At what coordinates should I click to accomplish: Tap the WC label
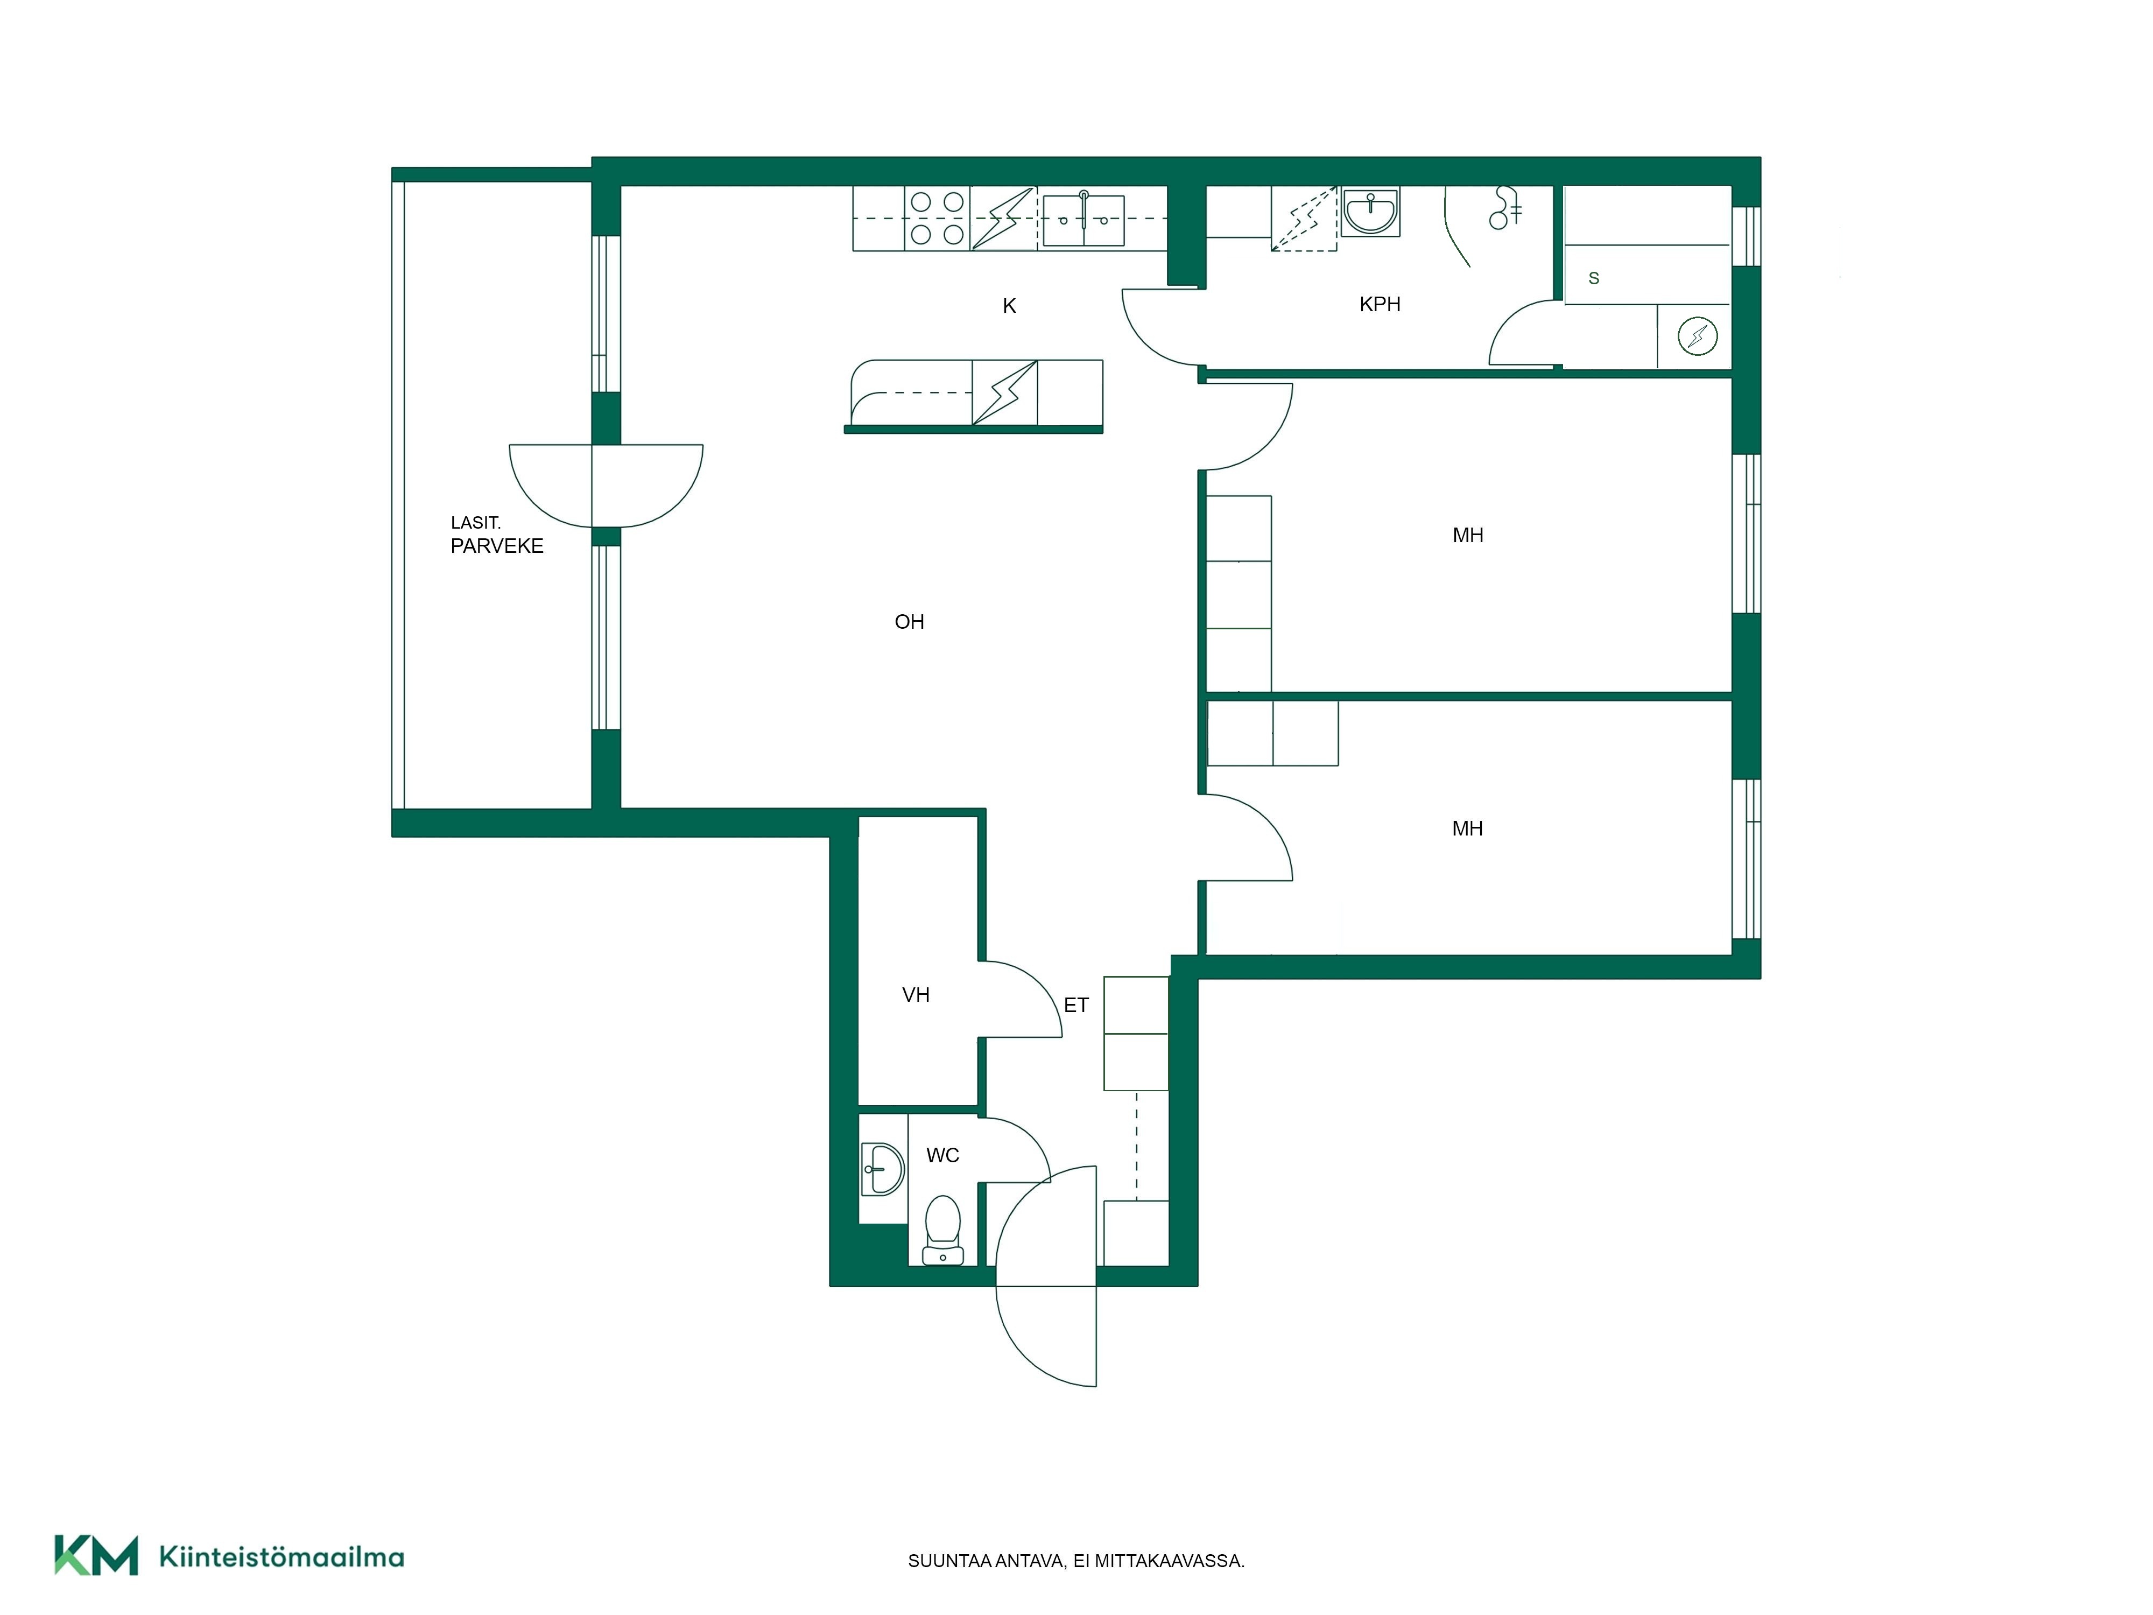coord(942,1155)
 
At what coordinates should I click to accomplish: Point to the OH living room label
coord(909,621)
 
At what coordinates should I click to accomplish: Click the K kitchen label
coord(1009,306)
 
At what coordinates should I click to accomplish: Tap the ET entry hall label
coord(1075,1005)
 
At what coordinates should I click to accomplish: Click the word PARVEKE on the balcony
coord(496,546)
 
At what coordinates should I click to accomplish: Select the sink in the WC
coord(883,1168)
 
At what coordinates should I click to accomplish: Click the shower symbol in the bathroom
coord(1505,207)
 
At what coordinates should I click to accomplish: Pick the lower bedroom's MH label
coord(1467,828)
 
